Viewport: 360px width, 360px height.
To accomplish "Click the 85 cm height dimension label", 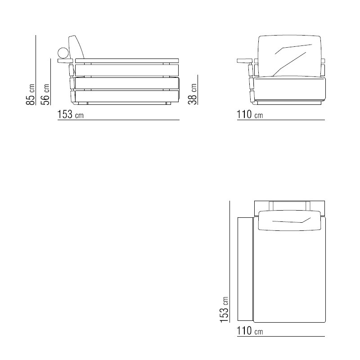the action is click(x=31, y=94).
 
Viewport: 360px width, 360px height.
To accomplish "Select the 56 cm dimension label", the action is click(x=45, y=94).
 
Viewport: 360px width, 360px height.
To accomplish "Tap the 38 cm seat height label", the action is click(x=193, y=94).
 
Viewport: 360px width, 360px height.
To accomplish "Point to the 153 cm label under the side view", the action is click(x=70, y=114).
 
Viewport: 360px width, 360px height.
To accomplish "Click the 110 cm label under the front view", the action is click(x=250, y=114).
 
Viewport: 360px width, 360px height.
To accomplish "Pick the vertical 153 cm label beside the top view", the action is click(x=224, y=310).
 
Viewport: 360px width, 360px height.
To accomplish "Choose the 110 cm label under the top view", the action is click(x=250, y=331).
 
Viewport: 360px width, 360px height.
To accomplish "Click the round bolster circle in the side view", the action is click(x=63, y=53).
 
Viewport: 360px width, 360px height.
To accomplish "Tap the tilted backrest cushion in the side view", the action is click(x=76, y=47).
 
